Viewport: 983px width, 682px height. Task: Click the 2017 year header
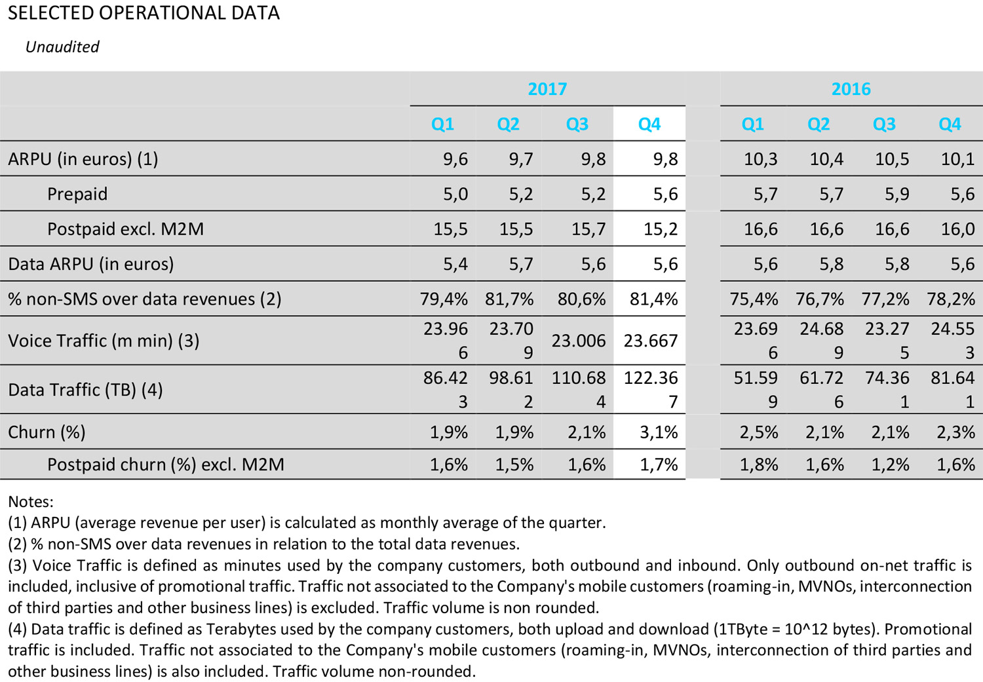pos(547,89)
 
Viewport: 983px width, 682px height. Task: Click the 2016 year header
pos(851,89)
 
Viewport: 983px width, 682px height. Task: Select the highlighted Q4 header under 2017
pos(649,124)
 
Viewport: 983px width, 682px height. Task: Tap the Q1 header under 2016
pos(752,124)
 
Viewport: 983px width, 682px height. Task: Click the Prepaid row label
pos(77,194)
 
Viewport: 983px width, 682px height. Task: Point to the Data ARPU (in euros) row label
pos(91,264)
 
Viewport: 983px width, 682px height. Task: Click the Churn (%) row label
pos(47,432)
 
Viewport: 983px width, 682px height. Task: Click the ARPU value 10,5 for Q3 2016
pos(892,159)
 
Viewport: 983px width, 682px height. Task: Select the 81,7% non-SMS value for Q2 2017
pos(509,299)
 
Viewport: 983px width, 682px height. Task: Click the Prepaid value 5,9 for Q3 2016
pos(896,194)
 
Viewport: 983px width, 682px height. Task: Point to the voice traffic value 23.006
pos(578,341)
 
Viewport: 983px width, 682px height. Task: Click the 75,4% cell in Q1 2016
pos(754,299)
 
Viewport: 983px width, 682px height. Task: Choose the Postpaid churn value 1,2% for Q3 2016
pos(890,464)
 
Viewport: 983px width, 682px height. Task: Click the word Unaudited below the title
pos(62,47)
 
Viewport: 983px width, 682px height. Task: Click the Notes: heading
pos(31,502)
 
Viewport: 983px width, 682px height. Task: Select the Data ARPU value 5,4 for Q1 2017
pos(455,264)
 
